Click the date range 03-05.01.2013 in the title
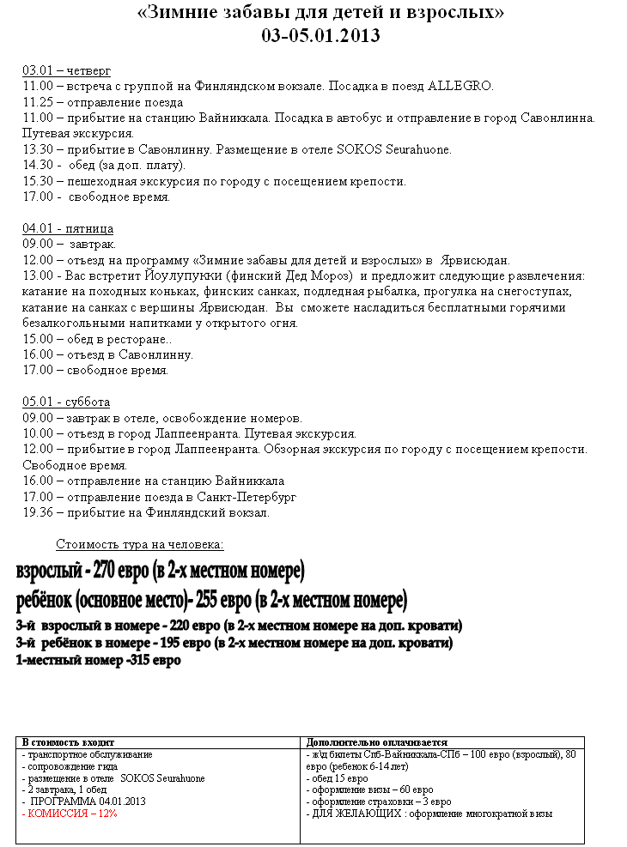pos(320,36)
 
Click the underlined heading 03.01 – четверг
pos(66,70)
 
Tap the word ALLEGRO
pos(460,87)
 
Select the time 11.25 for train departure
pos(38,102)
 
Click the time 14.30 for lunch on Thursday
pos(38,165)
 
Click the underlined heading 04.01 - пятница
pos(68,229)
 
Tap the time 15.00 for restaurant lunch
pos(38,339)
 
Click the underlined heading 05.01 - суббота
pos(66,402)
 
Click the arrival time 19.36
pos(38,512)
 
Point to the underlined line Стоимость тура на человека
pos(140,544)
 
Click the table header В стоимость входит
pos(68,742)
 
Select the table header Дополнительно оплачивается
pos(376,742)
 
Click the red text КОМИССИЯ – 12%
pos(72,814)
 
